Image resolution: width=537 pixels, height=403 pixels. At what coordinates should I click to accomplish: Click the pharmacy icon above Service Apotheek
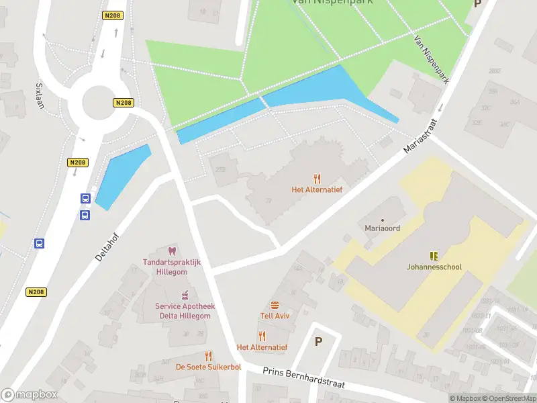tap(184, 296)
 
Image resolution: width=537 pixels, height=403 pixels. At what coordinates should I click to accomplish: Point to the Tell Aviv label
tap(275, 316)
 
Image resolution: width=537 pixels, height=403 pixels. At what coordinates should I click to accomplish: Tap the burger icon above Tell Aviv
tap(275, 304)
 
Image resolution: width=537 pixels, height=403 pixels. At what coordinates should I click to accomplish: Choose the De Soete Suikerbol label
tap(208, 367)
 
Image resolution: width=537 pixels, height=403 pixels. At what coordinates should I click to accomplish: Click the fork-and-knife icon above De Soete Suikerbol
tap(208, 356)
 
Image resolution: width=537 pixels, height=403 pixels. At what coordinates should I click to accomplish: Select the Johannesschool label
tap(434, 267)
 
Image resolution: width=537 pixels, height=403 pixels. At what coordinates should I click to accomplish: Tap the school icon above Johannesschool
tap(434, 256)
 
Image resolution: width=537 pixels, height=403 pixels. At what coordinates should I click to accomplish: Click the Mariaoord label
tap(383, 228)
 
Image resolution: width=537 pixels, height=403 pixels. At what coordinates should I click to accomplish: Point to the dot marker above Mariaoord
tap(383, 220)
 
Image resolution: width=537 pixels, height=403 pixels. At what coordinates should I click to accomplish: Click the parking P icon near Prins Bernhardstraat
tap(318, 341)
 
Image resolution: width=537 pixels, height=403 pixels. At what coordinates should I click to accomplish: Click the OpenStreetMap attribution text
tap(512, 398)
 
